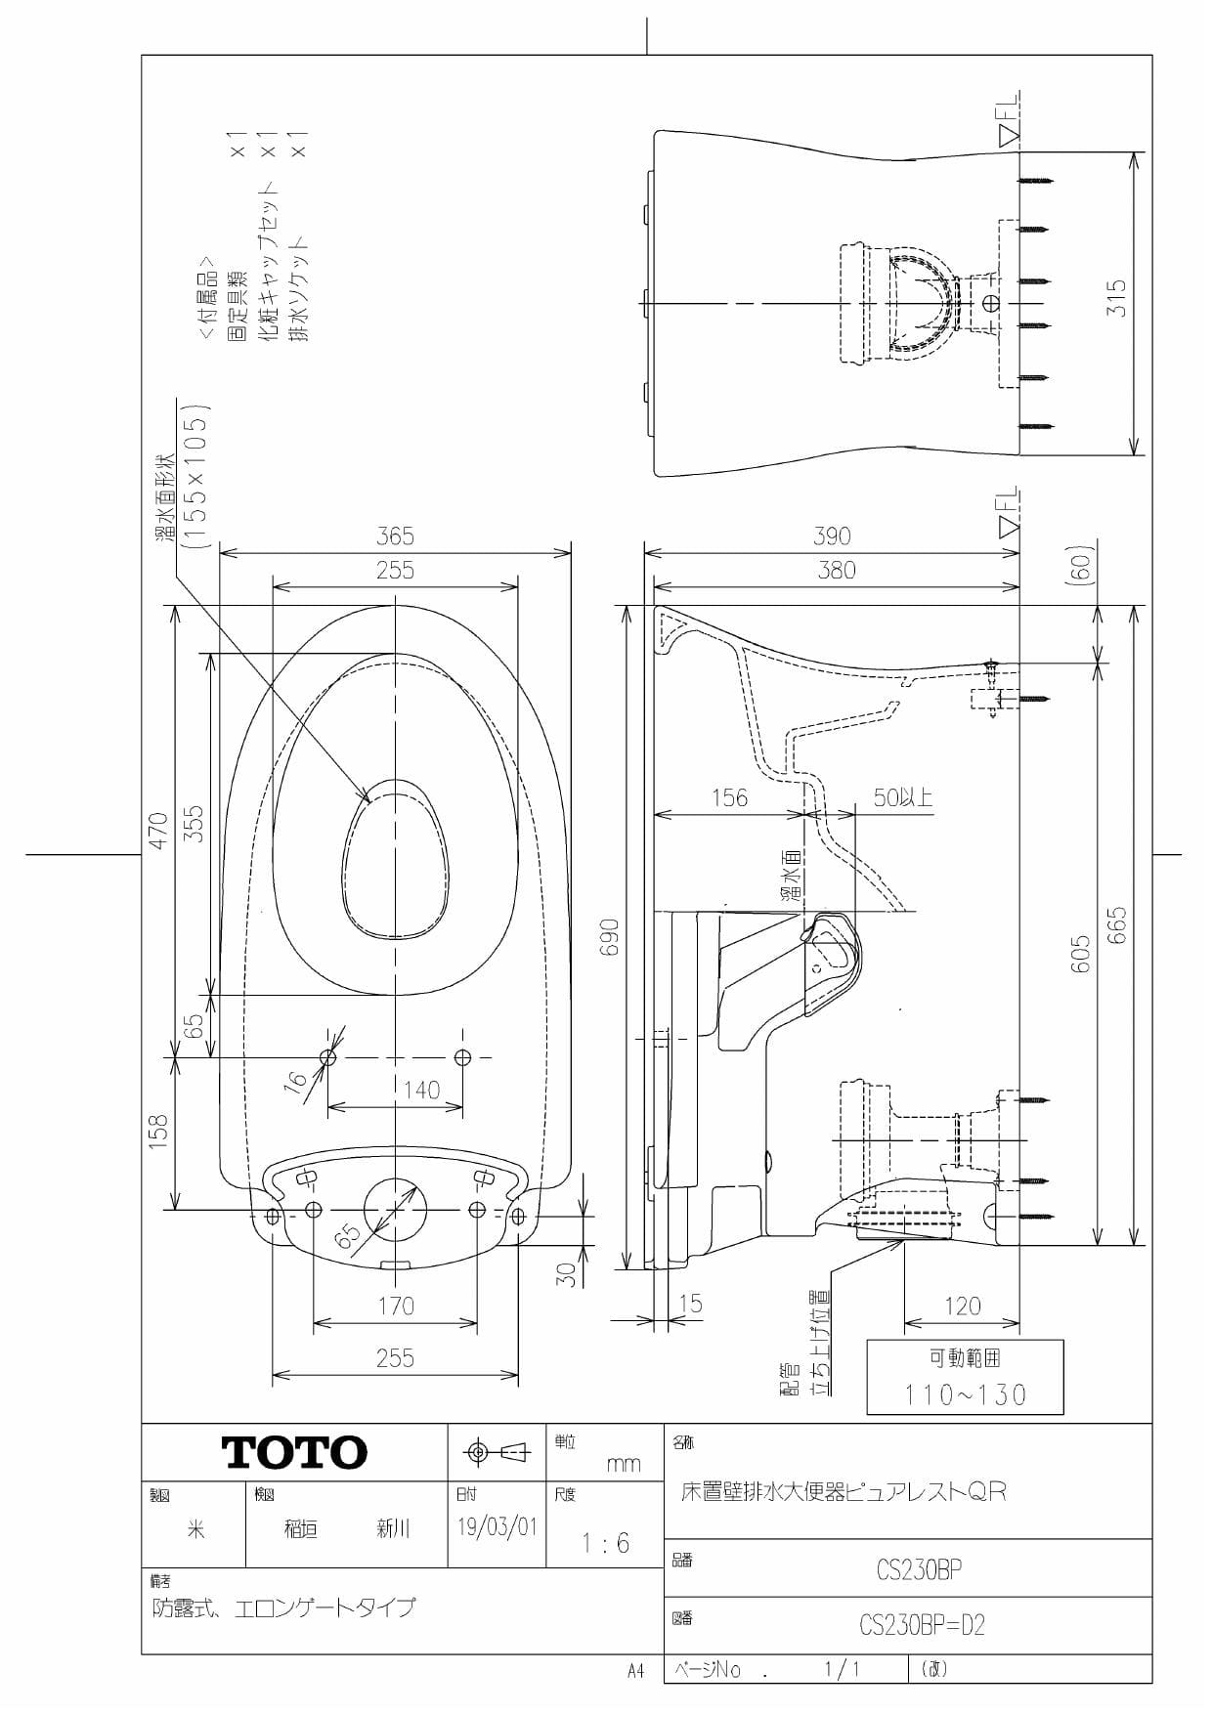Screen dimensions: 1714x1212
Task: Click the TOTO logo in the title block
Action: tap(295, 1453)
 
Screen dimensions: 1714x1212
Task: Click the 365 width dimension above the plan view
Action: tap(395, 536)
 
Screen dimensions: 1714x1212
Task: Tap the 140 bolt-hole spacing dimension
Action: tap(421, 1090)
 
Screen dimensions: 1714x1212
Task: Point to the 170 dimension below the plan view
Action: tap(395, 1307)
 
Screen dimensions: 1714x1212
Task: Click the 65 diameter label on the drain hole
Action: tap(347, 1237)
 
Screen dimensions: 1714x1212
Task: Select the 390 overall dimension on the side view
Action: tap(832, 536)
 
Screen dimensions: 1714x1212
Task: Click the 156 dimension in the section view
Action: tap(729, 798)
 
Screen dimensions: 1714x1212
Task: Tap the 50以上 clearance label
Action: tap(902, 798)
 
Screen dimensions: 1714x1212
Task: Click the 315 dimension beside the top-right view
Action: tap(1116, 298)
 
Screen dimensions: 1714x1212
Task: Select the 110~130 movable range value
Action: tap(965, 1394)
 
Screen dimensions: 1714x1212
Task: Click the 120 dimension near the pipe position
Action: tap(962, 1307)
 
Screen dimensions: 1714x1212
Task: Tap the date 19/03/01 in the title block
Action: tap(497, 1527)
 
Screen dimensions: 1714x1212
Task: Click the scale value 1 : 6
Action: tap(605, 1544)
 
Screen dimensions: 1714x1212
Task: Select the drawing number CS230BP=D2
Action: tap(922, 1625)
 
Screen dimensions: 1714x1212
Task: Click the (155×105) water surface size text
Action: tap(196, 474)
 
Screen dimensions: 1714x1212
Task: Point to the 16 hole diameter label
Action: tap(295, 1080)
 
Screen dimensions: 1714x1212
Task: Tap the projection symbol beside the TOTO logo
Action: tap(497, 1452)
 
